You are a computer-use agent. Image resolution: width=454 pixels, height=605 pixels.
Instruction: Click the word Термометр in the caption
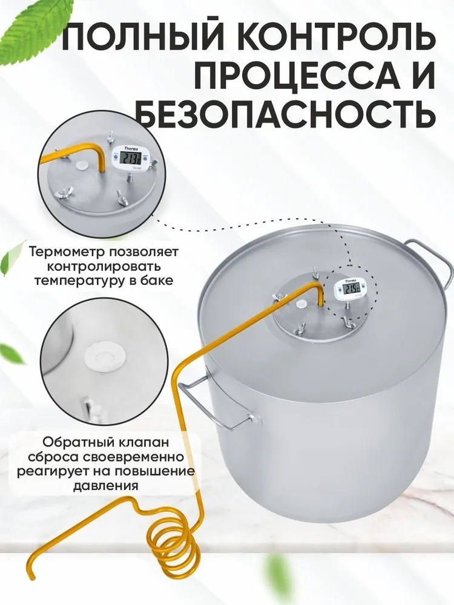[x=68, y=252]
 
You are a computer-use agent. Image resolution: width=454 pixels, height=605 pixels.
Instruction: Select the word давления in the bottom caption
[x=105, y=485]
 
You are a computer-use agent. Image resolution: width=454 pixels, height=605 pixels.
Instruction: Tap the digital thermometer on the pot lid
[x=347, y=289]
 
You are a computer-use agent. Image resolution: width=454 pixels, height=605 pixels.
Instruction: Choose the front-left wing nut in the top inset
[x=62, y=191]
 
